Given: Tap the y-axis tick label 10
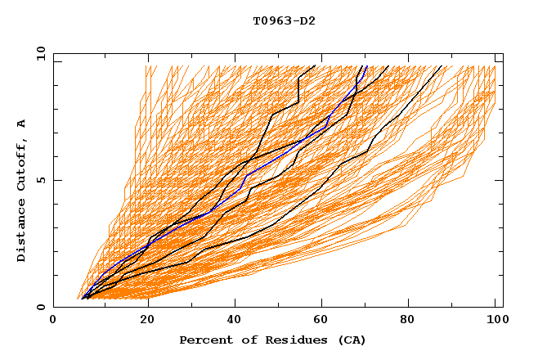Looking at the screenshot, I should point(40,53).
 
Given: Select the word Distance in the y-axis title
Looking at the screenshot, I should point(22,232).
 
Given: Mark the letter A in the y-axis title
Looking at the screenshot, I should point(22,124).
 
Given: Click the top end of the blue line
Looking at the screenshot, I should point(366,66).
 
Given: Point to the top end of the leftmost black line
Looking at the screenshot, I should point(315,66).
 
